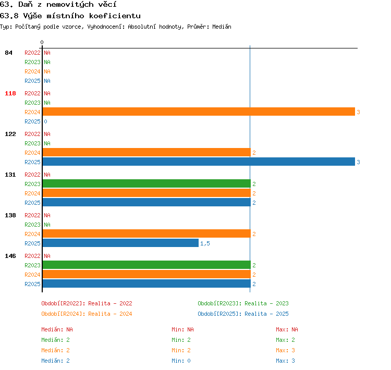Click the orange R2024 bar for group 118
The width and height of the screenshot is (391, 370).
click(x=199, y=112)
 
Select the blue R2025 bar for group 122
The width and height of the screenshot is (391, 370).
click(x=199, y=162)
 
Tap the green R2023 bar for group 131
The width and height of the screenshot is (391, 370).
click(x=146, y=183)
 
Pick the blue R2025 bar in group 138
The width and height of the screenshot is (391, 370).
click(x=121, y=243)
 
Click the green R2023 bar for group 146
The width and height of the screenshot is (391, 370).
click(x=146, y=265)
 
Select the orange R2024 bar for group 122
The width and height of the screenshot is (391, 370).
click(x=146, y=152)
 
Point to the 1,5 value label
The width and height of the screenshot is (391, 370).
click(x=205, y=243)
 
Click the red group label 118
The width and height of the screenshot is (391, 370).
click(x=10, y=93)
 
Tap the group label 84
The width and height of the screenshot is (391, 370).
click(x=8, y=53)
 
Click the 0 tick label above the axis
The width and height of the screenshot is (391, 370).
click(x=42, y=42)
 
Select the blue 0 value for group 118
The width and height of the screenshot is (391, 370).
click(x=46, y=121)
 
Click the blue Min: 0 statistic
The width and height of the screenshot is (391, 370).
click(x=181, y=361)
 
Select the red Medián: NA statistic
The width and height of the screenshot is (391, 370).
click(x=57, y=329)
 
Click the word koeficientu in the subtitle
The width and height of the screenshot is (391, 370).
click(x=115, y=16)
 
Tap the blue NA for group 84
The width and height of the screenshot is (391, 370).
click(x=47, y=81)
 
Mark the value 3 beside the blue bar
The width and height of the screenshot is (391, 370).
click(x=358, y=162)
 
